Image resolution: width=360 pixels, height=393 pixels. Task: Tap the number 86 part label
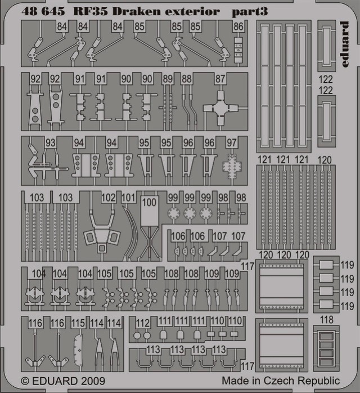[x=238, y=26]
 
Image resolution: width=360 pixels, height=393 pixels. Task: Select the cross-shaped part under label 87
[x=220, y=108]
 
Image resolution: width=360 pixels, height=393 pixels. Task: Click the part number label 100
[x=149, y=202]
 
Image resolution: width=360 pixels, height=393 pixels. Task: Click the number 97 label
[x=232, y=142]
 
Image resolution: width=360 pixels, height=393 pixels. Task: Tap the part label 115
[x=78, y=323]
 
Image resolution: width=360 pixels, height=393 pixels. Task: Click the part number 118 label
[x=327, y=320]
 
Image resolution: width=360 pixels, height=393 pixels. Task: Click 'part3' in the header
[x=250, y=12]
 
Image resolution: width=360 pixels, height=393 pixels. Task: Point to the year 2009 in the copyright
[x=92, y=381]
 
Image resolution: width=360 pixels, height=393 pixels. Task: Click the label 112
[x=143, y=323]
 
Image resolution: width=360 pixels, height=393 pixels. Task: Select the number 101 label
[x=128, y=198]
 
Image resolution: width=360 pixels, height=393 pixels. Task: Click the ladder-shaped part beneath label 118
[x=326, y=349]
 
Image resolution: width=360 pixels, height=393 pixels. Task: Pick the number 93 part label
[x=50, y=142]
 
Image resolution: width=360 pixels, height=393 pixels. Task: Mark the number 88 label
[x=187, y=79]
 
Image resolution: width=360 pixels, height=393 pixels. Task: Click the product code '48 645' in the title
[x=43, y=11]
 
